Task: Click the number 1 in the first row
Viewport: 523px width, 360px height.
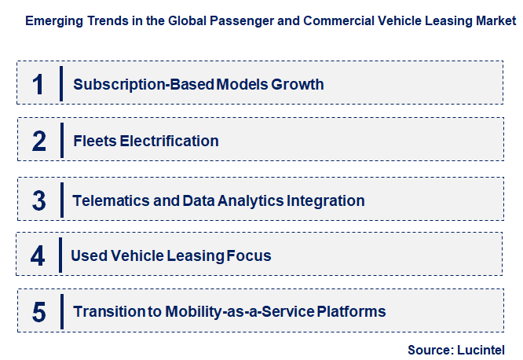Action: (x=38, y=84)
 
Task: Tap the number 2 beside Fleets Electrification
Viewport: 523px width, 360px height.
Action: (x=38, y=141)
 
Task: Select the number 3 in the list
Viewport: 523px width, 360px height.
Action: (x=38, y=200)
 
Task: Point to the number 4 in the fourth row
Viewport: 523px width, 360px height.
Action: (x=38, y=255)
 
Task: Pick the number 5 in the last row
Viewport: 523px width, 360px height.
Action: (x=38, y=312)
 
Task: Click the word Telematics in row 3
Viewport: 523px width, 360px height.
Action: (x=111, y=200)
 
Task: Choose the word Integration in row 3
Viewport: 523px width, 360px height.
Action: (x=326, y=200)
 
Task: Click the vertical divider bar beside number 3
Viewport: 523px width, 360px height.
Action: (x=60, y=200)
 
